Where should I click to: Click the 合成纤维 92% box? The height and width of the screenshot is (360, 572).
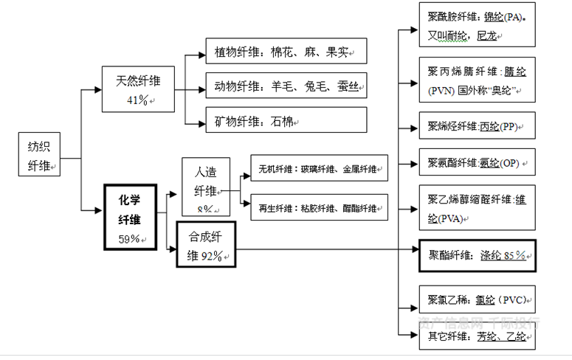(205, 246)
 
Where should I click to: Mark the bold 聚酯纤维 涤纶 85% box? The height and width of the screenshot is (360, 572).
(476, 255)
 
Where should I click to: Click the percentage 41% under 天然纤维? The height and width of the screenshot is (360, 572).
(137, 100)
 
